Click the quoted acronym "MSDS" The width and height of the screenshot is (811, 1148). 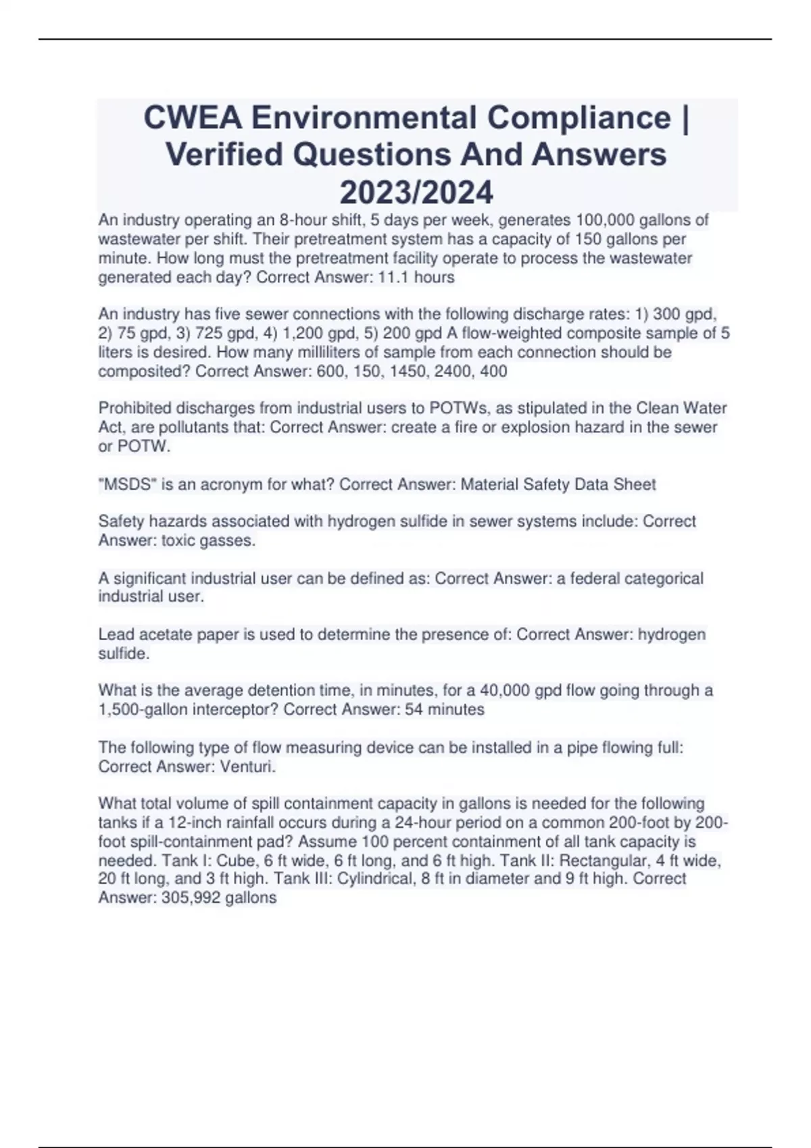pos(124,485)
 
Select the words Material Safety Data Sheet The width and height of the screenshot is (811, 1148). pos(558,485)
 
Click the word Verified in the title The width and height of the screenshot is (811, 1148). pos(224,155)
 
